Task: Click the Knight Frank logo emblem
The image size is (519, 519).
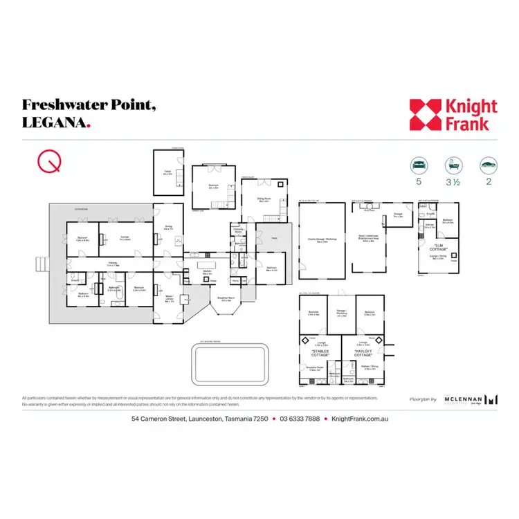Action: [424, 115]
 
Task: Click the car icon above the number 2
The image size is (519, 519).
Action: [488, 165]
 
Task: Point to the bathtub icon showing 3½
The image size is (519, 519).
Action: [453, 165]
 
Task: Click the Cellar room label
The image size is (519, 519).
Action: [167, 173]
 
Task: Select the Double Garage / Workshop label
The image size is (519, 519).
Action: [321, 241]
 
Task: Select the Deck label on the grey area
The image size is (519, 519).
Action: [274, 237]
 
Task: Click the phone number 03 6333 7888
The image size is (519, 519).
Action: [300, 419]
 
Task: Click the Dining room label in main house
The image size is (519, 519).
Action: [167, 227]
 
